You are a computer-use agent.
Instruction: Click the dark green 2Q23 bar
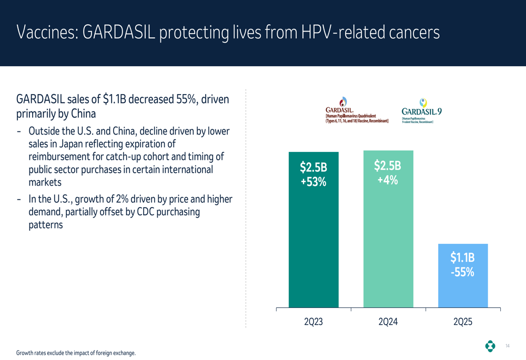[x=313, y=247]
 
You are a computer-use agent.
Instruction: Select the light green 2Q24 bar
[x=388, y=247]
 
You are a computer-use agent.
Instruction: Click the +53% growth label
[x=313, y=182]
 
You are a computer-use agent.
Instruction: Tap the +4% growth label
[x=388, y=180]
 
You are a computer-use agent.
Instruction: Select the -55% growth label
[x=462, y=272]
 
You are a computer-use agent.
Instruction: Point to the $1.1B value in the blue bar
[x=462, y=258]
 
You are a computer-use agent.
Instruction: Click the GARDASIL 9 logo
[x=421, y=110]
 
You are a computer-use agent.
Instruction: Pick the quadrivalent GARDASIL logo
[x=357, y=110]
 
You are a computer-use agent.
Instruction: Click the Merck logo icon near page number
[x=490, y=346]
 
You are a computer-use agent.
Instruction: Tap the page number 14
[x=507, y=346]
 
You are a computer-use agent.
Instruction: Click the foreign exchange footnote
[x=76, y=353]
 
